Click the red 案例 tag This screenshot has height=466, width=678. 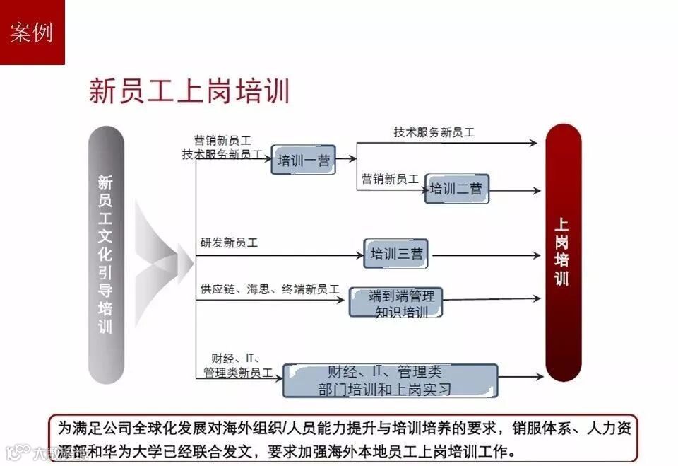[x=32, y=32]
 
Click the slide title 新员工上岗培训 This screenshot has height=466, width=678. [x=189, y=92]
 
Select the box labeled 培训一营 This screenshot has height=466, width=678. [x=303, y=160]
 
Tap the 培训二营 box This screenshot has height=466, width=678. [x=456, y=189]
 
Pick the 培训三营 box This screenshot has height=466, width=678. [x=395, y=253]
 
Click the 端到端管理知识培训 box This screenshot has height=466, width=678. [x=395, y=302]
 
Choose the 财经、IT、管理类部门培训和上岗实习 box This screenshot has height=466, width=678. [x=390, y=380]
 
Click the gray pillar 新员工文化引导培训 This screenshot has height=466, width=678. [x=105, y=255]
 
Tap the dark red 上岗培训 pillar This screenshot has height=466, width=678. [x=562, y=252]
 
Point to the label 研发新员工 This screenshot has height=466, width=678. [x=229, y=243]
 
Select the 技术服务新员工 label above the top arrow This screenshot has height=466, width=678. [x=434, y=132]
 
